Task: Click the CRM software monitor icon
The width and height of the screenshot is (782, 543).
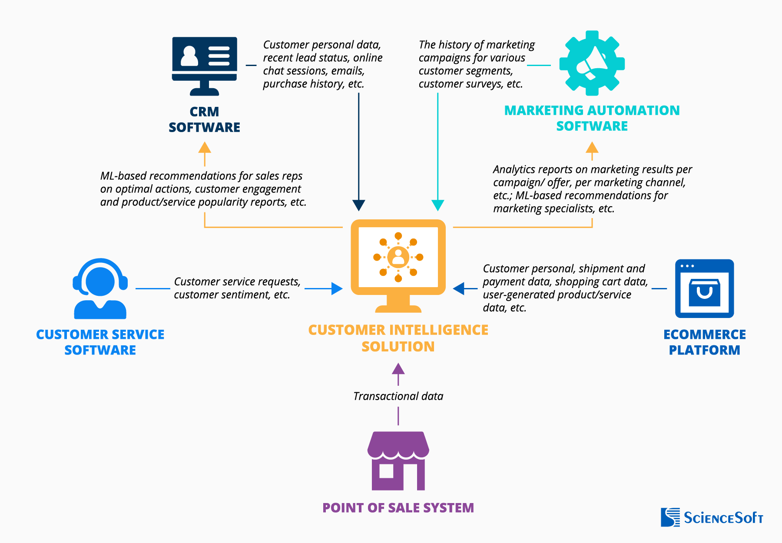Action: click(x=205, y=65)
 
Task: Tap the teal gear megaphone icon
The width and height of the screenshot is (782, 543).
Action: click(x=592, y=63)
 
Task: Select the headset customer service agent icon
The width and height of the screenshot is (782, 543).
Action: click(x=100, y=288)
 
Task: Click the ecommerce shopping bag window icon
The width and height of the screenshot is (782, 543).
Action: click(x=704, y=288)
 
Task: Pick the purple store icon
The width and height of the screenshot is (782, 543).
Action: click(x=398, y=460)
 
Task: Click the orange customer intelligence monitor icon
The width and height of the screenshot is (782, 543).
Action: click(x=398, y=265)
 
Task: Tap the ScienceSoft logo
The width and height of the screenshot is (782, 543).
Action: click(x=712, y=517)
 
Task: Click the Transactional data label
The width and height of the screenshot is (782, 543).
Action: click(x=398, y=396)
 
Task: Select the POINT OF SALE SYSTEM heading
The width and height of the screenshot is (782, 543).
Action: click(x=398, y=508)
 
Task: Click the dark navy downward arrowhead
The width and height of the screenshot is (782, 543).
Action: click(x=359, y=205)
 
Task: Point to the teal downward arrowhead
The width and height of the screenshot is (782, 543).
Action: click(x=437, y=205)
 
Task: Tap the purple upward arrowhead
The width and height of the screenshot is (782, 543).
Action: click(x=398, y=369)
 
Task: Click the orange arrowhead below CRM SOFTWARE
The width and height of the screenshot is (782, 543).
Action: click(x=205, y=148)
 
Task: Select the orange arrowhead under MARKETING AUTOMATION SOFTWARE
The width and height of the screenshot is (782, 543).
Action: click(x=592, y=148)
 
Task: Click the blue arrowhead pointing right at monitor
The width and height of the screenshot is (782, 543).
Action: click(x=337, y=288)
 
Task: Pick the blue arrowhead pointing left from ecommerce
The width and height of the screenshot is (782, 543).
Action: click(x=459, y=288)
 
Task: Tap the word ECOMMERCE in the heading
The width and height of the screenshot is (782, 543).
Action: click(x=704, y=334)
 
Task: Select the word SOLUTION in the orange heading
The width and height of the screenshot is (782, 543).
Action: click(x=398, y=347)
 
